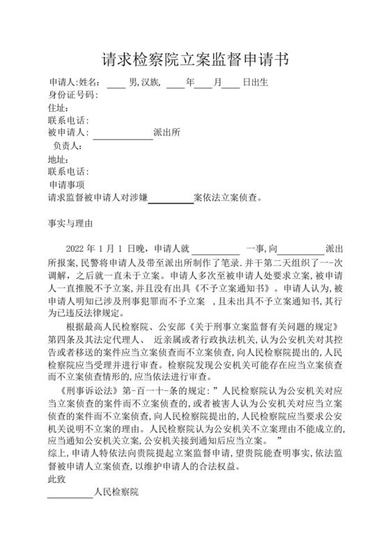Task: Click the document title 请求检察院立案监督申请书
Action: [195, 58]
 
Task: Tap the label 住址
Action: [58, 108]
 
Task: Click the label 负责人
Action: [68, 146]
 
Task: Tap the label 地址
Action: [58, 159]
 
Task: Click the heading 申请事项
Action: [67, 185]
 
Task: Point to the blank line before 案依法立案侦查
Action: [171, 198]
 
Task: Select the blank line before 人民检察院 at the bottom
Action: [70, 493]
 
